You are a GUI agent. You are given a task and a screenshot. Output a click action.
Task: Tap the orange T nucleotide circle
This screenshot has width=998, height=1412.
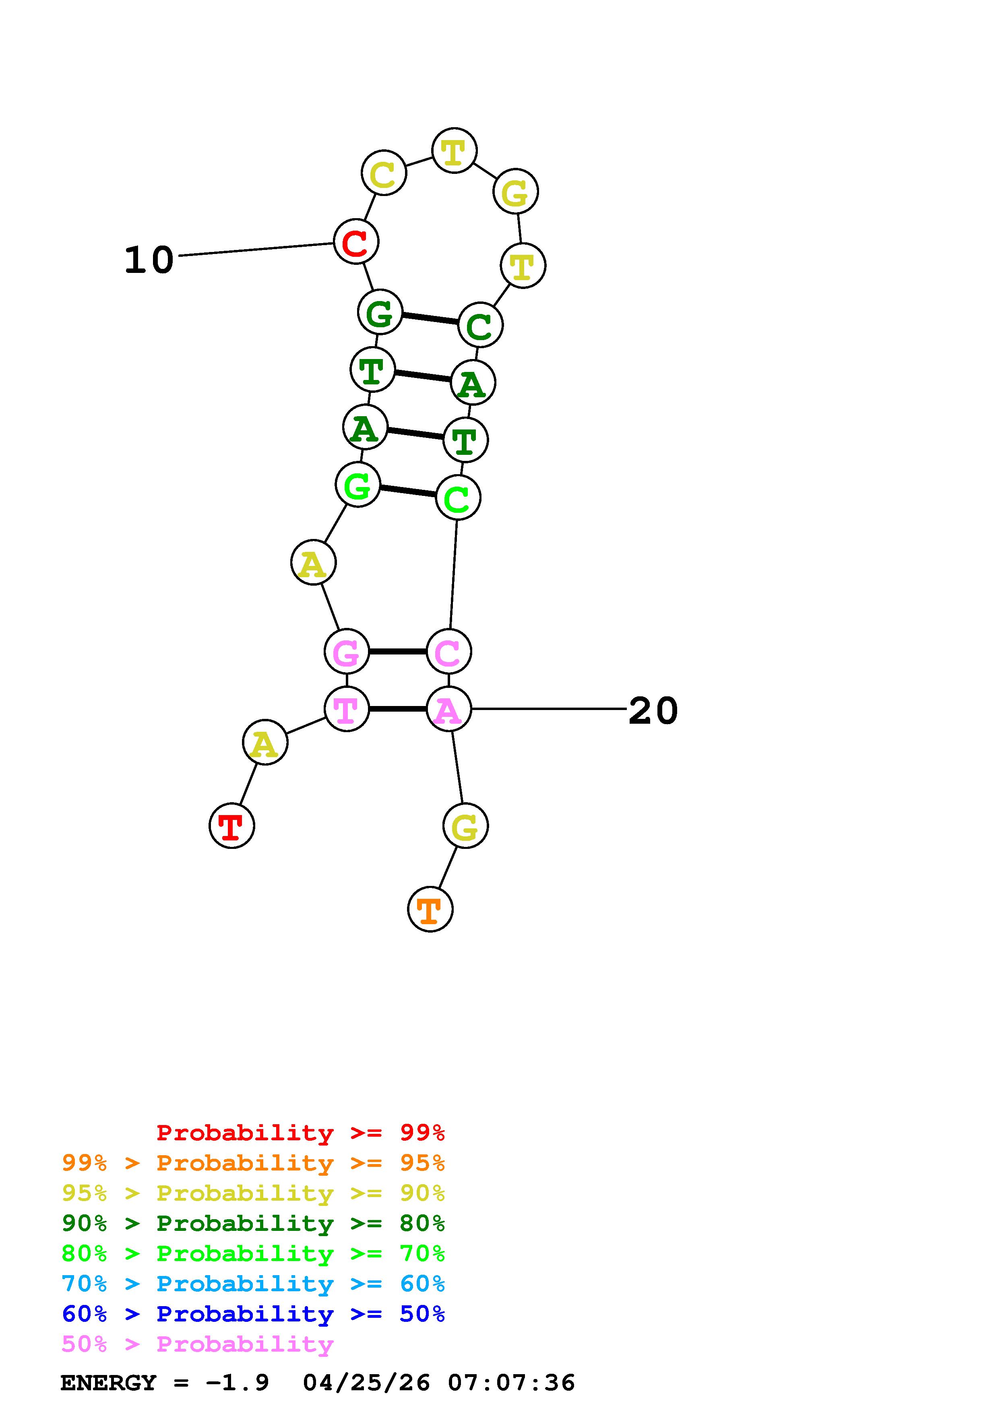[430, 908]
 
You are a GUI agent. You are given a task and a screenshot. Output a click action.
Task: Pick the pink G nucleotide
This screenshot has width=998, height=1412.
[346, 651]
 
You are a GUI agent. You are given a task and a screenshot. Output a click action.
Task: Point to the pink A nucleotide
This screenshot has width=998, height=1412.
[448, 709]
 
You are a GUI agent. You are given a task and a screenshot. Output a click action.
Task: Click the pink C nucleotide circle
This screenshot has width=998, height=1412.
[448, 651]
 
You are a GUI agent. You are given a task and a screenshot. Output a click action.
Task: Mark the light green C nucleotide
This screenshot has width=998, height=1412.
[457, 497]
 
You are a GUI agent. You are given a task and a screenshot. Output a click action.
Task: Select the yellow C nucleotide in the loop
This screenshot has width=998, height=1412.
[384, 173]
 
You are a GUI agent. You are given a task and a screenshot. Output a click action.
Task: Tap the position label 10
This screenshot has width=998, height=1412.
[149, 260]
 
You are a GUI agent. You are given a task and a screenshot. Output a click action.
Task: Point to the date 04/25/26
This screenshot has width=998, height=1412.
[366, 1383]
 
